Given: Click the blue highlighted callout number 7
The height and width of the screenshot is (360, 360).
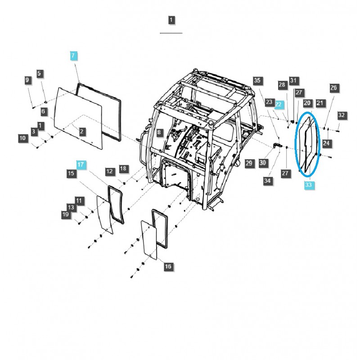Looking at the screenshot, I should (x=74, y=56).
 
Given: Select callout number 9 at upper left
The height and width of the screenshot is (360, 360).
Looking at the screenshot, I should (x=28, y=80).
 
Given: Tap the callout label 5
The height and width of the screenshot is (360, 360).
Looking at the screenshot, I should (x=39, y=73).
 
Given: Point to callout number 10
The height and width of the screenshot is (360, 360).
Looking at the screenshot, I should (x=22, y=138).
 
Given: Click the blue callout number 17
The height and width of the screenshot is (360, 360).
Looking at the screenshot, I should (x=80, y=165).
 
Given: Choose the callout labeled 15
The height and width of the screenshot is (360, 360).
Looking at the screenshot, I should (x=71, y=173).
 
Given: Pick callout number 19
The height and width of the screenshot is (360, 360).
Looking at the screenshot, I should (x=65, y=216).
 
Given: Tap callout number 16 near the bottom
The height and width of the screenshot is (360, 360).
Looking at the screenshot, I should (x=168, y=267).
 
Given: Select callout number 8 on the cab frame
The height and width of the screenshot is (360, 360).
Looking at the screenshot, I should (x=158, y=132).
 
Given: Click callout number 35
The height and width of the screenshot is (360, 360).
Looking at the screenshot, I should (x=257, y=81).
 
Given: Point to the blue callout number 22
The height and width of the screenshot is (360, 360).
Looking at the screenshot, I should (x=279, y=104).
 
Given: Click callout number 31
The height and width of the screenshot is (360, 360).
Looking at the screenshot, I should (x=293, y=81).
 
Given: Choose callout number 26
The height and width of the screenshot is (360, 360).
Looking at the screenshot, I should (x=333, y=88).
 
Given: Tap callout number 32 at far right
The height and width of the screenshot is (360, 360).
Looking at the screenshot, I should (x=342, y=115).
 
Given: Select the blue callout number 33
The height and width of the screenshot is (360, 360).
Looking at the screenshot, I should (x=307, y=184).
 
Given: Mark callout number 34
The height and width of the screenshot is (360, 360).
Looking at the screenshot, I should (x=268, y=180).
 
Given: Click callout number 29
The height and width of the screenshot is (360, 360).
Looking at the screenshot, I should (x=249, y=163).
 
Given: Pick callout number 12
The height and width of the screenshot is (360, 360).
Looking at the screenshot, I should (x=110, y=171).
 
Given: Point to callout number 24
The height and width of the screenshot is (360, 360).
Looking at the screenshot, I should (x=326, y=144).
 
